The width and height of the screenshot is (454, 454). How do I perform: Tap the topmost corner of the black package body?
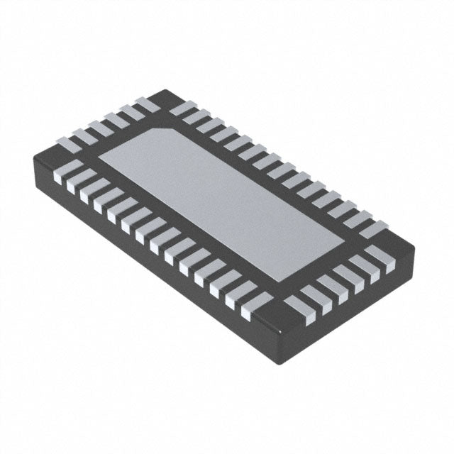pyautogui.click(x=165, y=90)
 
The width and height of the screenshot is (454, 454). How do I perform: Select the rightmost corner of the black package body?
pyautogui.click(x=414, y=245)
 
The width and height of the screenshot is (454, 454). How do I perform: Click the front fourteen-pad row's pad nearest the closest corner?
pyautogui.click(x=256, y=305)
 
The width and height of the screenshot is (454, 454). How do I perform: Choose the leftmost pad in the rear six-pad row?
pyautogui.click(x=70, y=143)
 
